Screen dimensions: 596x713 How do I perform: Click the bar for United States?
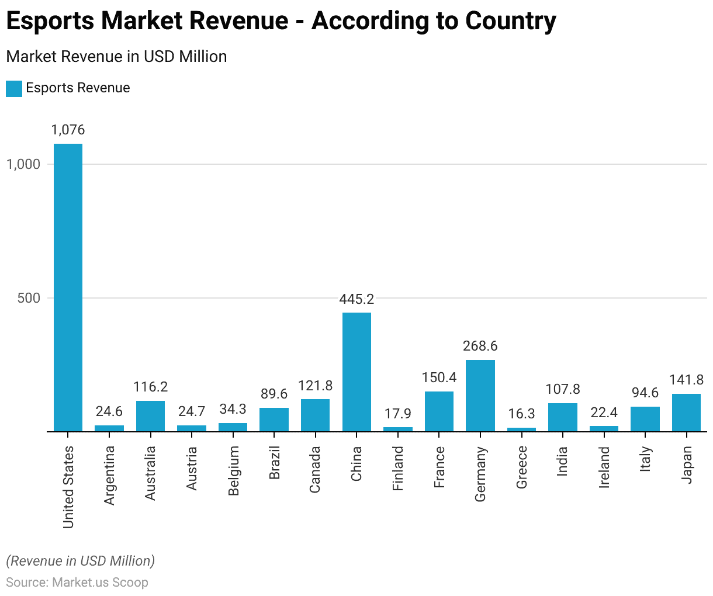click(x=68, y=287)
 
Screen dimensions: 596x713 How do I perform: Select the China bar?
click(x=356, y=372)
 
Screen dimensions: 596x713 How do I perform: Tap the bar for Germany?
click(x=480, y=396)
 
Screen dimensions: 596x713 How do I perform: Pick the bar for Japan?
click(x=686, y=413)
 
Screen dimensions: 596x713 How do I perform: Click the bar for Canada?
click(x=315, y=415)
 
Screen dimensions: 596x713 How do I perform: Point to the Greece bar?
click(x=521, y=429)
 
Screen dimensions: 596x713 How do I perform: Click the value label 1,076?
click(x=68, y=130)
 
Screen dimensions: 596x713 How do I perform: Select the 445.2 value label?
click(x=356, y=299)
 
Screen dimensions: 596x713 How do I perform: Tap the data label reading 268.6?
click(x=480, y=346)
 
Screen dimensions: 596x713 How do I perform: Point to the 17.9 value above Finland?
click(x=398, y=414)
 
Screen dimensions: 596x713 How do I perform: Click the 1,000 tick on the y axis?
click(x=23, y=164)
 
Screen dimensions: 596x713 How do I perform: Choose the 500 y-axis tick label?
click(x=29, y=298)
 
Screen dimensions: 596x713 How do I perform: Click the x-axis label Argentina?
click(x=109, y=475)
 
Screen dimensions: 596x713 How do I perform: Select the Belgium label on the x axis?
click(x=233, y=471)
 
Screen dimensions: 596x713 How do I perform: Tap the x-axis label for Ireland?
click(x=604, y=467)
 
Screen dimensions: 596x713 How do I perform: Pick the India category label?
click(x=562, y=461)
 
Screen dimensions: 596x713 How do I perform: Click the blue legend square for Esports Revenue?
click(x=14, y=88)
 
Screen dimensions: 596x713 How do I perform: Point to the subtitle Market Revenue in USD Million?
click(x=116, y=57)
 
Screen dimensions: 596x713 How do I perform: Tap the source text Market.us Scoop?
click(x=100, y=583)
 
